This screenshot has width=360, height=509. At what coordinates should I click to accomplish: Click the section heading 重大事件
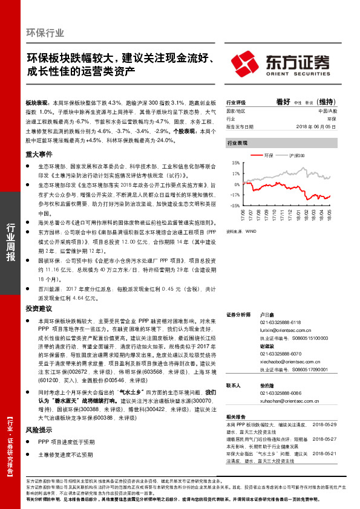(x=39, y=155)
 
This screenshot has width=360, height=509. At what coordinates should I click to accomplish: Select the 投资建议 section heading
(x=39, y=309)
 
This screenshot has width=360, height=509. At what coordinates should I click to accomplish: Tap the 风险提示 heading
(x=39, y=430)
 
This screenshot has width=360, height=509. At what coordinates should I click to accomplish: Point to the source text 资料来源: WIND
(x=241, y=231)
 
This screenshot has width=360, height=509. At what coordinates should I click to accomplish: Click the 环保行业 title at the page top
(x=46, y=33)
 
